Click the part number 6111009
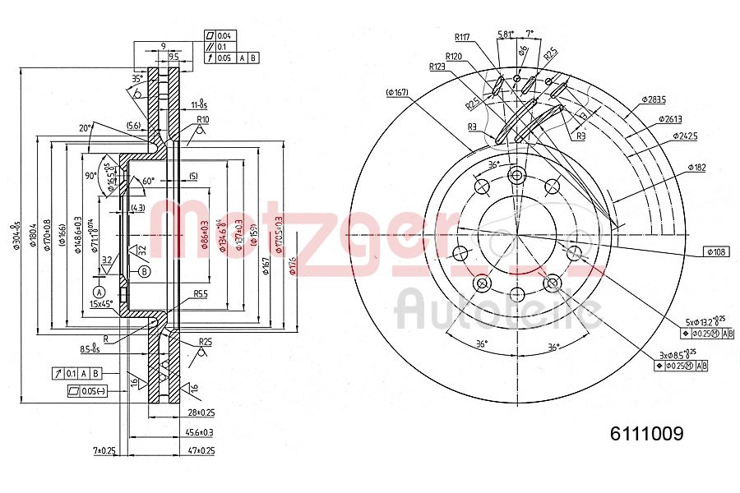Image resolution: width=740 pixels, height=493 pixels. [645, 434]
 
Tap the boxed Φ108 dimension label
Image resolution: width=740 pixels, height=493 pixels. [715, 252]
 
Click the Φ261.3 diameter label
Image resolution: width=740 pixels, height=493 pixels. [670, 118]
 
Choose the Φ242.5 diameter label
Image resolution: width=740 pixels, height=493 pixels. [684, 136]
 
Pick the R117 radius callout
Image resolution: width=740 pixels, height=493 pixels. [463, 36]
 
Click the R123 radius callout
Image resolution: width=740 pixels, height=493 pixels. [437, 67]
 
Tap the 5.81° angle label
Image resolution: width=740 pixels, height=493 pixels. [506, 35]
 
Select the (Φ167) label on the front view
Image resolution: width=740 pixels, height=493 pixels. [396, 92]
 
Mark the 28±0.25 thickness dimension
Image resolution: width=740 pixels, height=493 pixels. [201, 412]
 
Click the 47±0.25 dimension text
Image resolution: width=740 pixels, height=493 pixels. [201, 451]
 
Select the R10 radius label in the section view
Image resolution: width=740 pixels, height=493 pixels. [201, 120]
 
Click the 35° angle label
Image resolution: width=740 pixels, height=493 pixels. [136, 78]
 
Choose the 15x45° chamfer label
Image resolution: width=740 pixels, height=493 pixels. [103, 304]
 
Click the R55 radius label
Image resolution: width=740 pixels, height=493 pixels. [200, 293]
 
